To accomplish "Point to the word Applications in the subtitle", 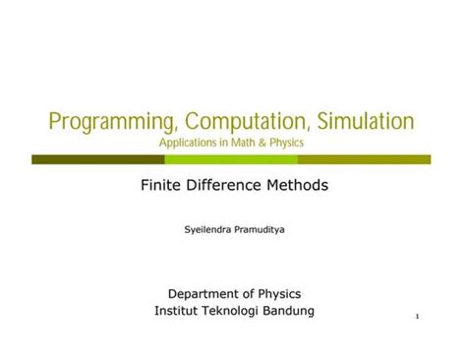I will [x=189, y=144].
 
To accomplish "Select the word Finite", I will [x=163, y=184].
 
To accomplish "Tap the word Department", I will [x=204, y=293].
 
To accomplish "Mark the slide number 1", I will [x=418, y=317].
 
